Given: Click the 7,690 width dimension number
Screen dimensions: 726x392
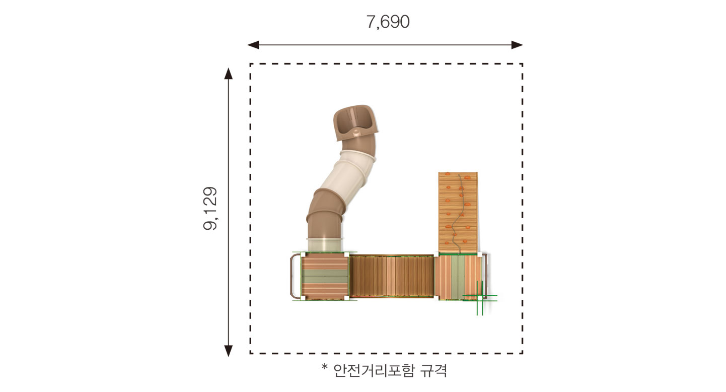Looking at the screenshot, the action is pos(388,22).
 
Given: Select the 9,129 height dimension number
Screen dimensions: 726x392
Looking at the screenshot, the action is pos(210,209).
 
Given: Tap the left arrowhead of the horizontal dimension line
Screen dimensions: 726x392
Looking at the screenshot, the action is pos(253,45).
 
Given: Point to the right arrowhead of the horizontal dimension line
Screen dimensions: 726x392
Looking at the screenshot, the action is pos(517,45).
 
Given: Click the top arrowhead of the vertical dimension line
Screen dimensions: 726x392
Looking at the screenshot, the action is pos(229,74).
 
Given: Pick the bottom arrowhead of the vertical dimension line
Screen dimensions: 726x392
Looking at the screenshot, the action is pos(229,351).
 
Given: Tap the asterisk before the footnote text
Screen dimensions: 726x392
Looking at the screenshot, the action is pos(325,368).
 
